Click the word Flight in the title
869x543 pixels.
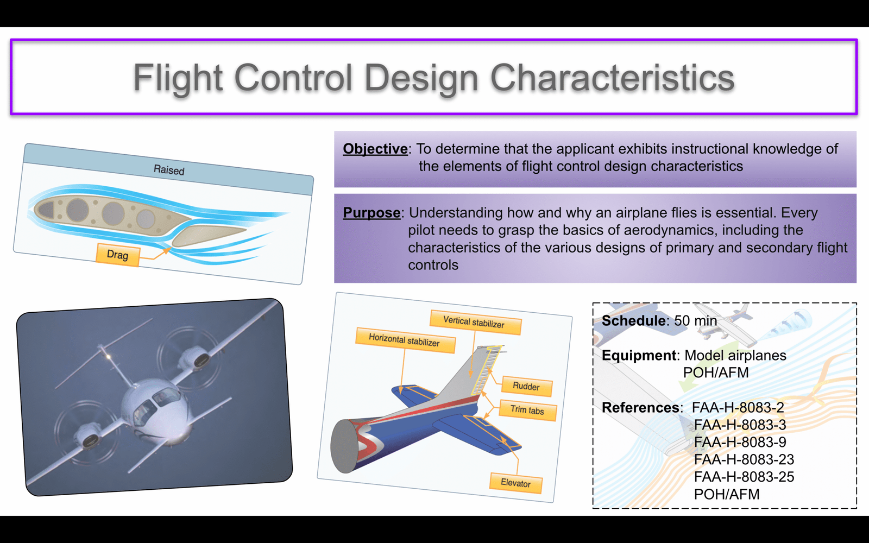178,79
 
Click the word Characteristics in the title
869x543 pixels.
612,78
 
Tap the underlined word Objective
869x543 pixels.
375,149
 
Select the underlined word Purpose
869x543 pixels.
371,212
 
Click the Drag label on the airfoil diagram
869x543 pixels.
117,255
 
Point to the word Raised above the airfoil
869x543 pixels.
169,170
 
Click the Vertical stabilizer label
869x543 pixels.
475,323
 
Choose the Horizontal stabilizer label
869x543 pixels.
405,340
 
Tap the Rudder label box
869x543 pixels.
526,386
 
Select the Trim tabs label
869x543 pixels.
527,410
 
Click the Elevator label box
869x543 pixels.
515,483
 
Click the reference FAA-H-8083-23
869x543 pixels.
744,459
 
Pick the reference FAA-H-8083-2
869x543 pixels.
738,408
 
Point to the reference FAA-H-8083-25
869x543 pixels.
744,477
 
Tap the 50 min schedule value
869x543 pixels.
695,321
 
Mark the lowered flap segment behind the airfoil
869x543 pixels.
208,235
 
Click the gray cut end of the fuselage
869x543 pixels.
344,446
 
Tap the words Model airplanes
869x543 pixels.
735,355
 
